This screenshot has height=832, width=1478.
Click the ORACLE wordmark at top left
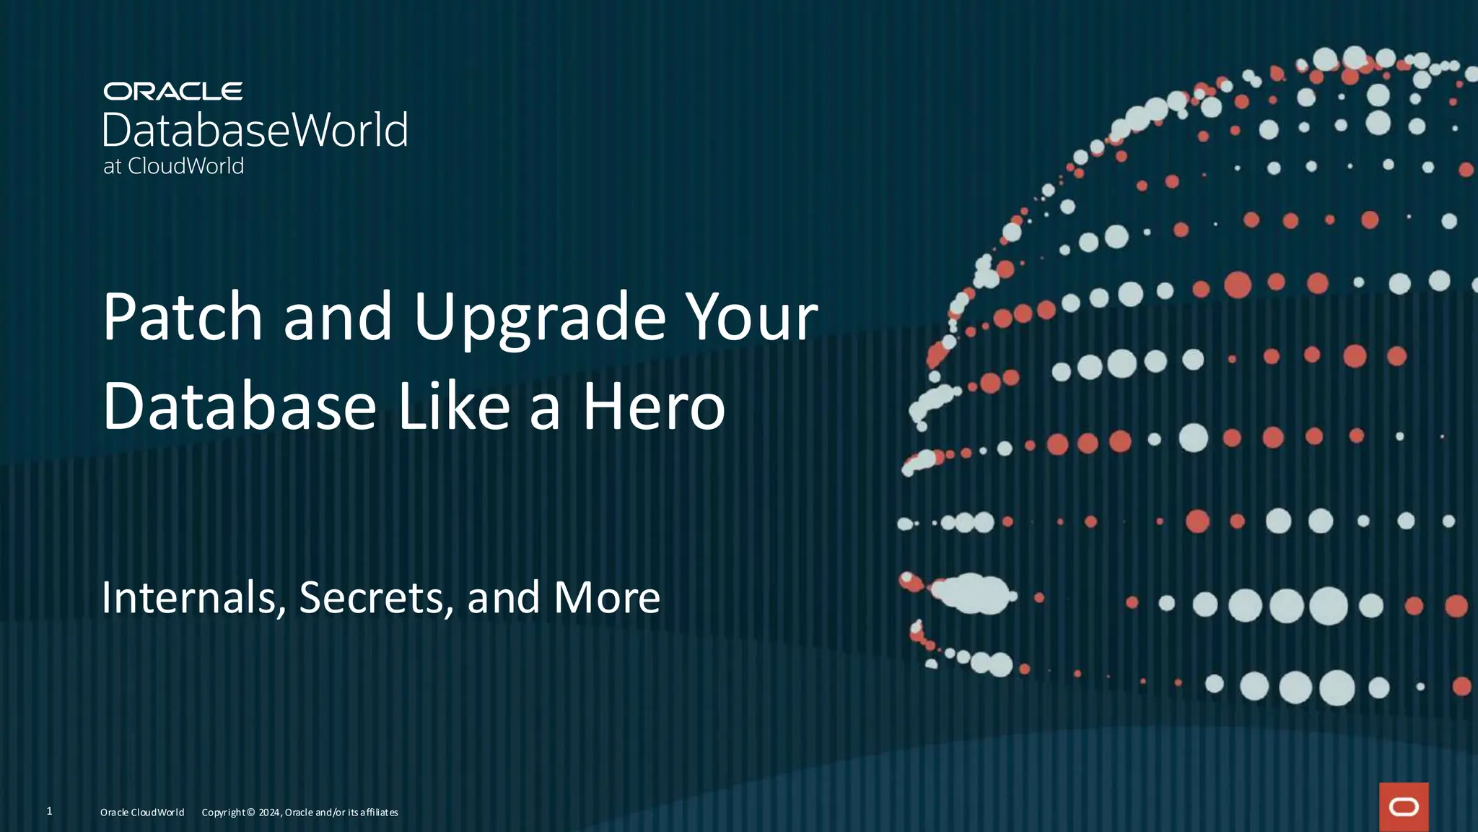(172, 92)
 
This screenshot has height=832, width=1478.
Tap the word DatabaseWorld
(255, 131)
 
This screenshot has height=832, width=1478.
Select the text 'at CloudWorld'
(173, 166)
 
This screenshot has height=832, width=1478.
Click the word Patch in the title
(183, 318)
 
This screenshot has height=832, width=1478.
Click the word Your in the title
(751, 318)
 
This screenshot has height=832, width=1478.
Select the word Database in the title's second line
(239, 407)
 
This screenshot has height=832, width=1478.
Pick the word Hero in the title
(653, 407)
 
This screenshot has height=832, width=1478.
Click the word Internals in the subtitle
(190, 598)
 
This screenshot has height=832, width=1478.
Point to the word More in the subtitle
(606, 598)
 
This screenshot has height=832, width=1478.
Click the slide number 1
(49, 811)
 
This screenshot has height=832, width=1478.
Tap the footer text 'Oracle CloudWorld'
(142, 812)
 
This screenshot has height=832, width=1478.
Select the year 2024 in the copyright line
(269, 812)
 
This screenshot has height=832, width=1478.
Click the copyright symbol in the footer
(250, 812)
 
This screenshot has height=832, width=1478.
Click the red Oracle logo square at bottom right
(1404, 807)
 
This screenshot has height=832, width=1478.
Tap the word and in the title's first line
(338, 318)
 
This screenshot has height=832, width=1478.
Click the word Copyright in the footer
(223, 812)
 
